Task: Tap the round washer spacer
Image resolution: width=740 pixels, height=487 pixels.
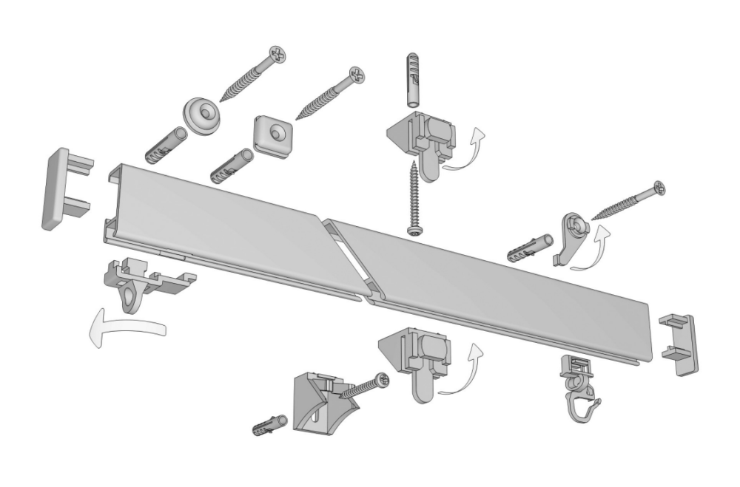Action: (x=201, y=115)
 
